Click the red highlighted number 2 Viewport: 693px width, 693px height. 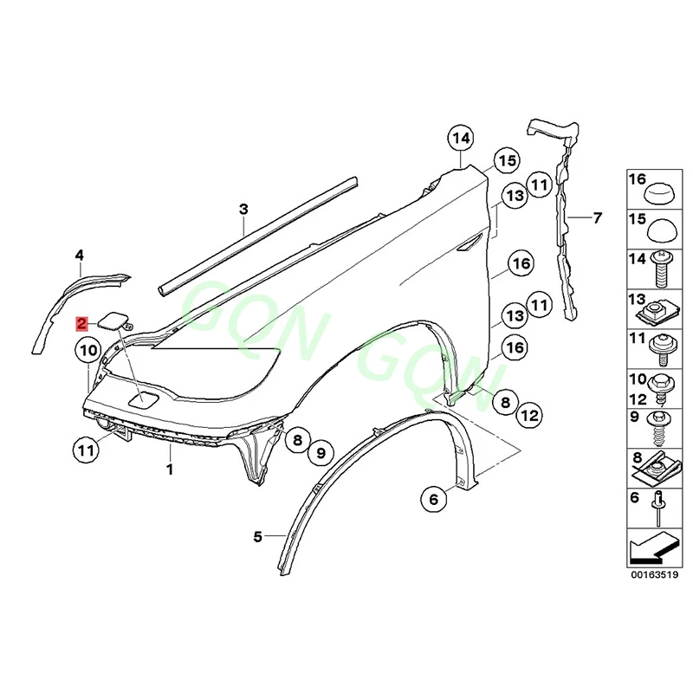(81, 325)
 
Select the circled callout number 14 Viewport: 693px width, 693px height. (462, 139)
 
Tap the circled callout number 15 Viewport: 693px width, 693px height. (506, 160)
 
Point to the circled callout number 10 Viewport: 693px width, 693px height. (87, 351)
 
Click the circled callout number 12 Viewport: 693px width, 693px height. (530, 416)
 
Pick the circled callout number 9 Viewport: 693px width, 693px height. (320, 451)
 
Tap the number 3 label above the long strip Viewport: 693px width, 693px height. (243, 209)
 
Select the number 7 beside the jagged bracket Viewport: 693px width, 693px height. (597, 217)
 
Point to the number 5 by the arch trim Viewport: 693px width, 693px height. (257, 537)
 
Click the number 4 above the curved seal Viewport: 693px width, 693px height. (79, 255)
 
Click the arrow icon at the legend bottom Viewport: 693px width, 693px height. (654, 547)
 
